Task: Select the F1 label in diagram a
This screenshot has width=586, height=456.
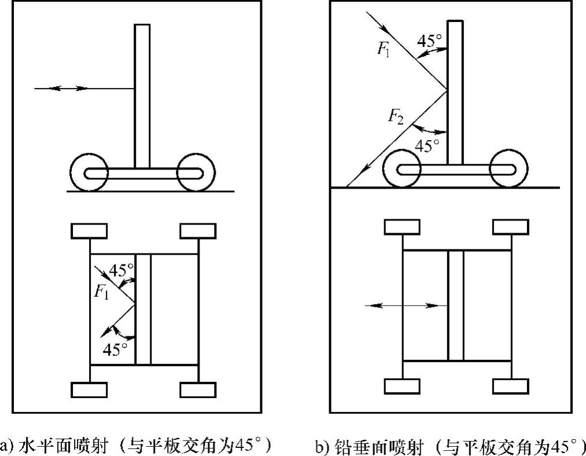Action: (101, 291)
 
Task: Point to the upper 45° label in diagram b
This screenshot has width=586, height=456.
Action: (430, 41)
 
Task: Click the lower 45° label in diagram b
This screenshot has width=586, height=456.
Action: (427, 145)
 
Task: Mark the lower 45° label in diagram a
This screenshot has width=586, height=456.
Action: (115, 349)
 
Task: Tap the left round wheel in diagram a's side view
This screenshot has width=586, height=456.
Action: (89, 172)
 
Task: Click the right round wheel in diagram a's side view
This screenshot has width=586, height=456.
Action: (196, 172)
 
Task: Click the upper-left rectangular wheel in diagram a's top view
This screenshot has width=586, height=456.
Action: (89, 231)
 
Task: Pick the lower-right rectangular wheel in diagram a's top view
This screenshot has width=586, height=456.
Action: (198, 389)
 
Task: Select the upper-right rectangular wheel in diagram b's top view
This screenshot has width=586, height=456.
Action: (510, 227)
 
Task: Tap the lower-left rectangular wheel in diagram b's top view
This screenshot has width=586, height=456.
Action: (402, 386)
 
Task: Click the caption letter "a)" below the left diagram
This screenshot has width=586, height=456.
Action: (6, 446)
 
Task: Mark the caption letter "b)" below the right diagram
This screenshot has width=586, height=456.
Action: (321, 446)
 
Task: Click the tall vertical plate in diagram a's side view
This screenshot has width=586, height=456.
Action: (142, 95)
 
